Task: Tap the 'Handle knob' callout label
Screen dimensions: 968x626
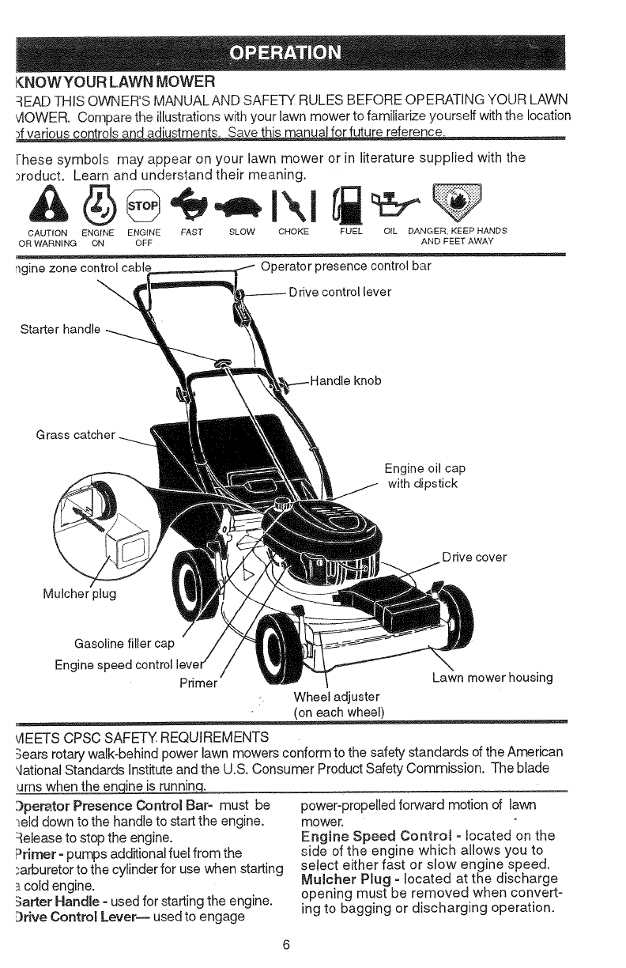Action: (345, 380)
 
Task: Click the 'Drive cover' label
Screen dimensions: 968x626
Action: (474, 557)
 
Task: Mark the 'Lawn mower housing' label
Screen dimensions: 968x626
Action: (492, 678)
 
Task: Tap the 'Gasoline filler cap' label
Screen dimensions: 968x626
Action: (124, 641)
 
